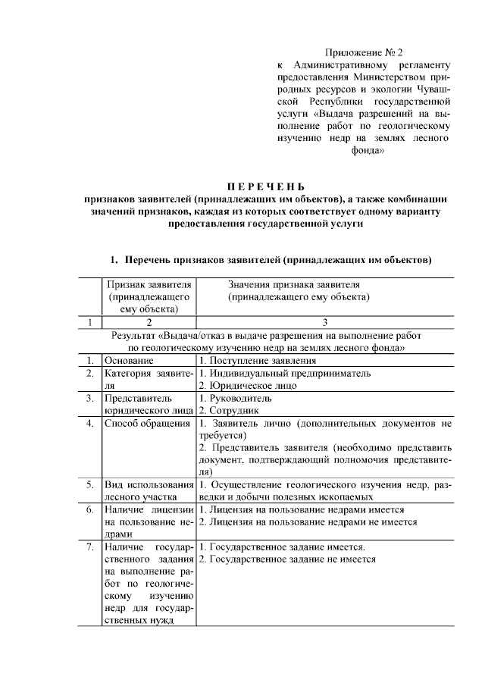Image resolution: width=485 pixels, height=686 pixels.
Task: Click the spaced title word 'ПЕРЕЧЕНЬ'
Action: pyautogui.click(x=265, y=186)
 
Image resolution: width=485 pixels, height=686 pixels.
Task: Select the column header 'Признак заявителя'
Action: pyautogui.click(x=148, y=284)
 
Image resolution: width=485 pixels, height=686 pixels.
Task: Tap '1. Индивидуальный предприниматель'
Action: pyautogui.click(x=285, y=373)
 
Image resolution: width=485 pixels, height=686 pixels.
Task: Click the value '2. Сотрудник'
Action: pyautogui.click(x=230, y=410)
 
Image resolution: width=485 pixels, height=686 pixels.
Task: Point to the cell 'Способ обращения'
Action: pyautogui.click(x=148, y=423)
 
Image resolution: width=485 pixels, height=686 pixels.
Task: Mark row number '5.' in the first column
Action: pyautogui.click(x=89, y=484)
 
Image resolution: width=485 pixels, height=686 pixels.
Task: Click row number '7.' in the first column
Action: pyautogui.click(x=89, y=547)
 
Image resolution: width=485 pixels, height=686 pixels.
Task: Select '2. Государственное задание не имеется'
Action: pyautogui.click(x=287, y=559)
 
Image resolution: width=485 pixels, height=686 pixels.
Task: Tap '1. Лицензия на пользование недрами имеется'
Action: pyautogui.click(x=302, y=509)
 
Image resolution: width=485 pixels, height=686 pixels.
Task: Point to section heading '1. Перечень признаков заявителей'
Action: pyautogui.click(x=272, y=261)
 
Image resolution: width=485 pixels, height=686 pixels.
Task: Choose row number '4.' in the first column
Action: pyautogui.click(x=89, y=423)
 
